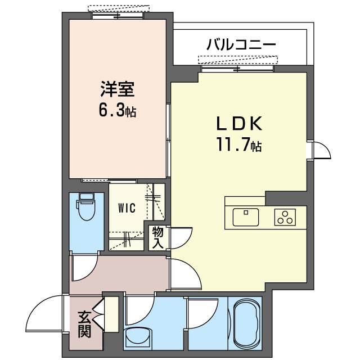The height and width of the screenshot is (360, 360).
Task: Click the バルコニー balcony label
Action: [241, 44]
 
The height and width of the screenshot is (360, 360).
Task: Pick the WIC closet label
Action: [126, 208]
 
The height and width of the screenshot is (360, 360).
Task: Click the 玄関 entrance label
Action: [84, 324]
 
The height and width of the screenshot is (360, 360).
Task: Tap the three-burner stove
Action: [286, 217]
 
